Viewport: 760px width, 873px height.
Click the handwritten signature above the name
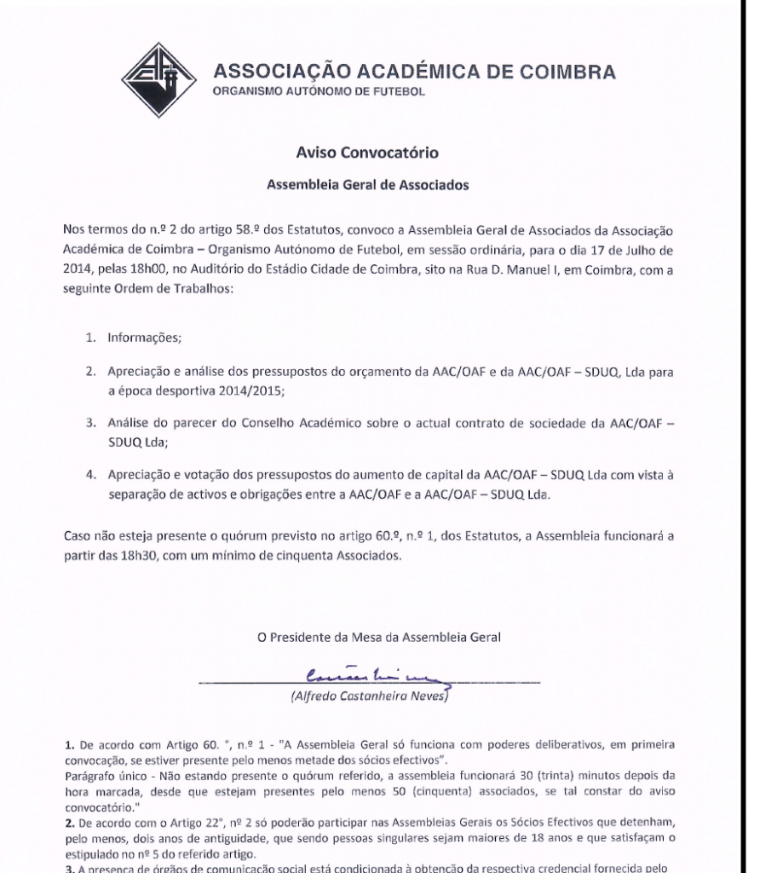pos(378,679)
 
